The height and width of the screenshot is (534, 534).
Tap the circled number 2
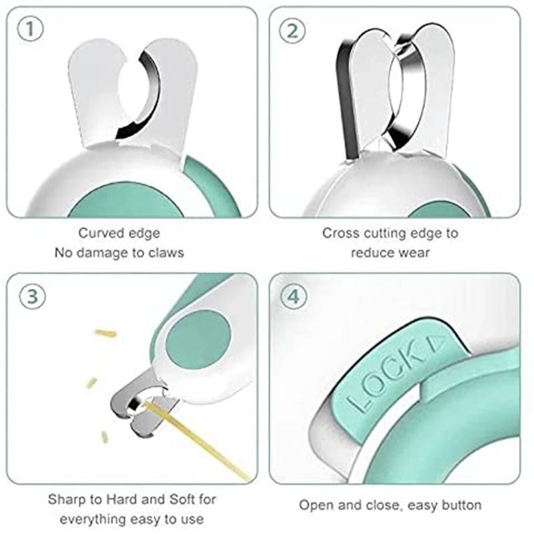tap(294, 31)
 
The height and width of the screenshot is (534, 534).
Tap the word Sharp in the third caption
tap(65, 499)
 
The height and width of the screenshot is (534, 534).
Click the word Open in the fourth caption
tap(313, 505)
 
